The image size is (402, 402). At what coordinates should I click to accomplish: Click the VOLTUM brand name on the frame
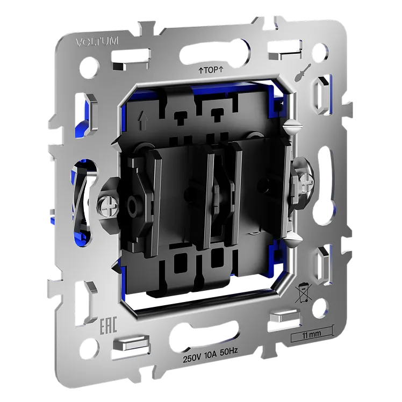[97, 42]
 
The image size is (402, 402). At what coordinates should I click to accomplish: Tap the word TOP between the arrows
[211, 70]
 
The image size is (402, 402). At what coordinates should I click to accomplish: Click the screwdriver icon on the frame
[303, 72]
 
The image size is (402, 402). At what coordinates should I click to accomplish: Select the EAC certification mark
[108, 326]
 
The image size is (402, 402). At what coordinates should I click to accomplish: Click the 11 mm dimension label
[311, 334]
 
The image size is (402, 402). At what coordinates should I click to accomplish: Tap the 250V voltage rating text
[192, 359]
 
